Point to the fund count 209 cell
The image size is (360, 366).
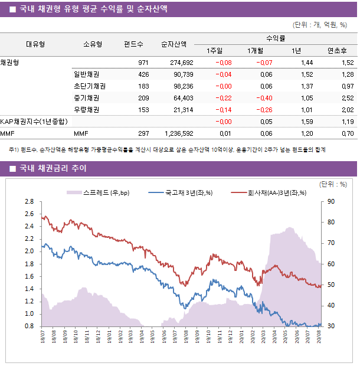coord(143,98)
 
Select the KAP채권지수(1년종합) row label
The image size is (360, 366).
coord(34,122)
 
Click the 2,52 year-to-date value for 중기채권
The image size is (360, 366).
coord(347,98)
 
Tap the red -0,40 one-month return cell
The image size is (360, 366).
coord(264,98)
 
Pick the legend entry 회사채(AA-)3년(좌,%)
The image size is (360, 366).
coord(269,192)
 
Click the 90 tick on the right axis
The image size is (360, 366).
coord(331,201)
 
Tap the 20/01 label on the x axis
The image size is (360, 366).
coord(243,337)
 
